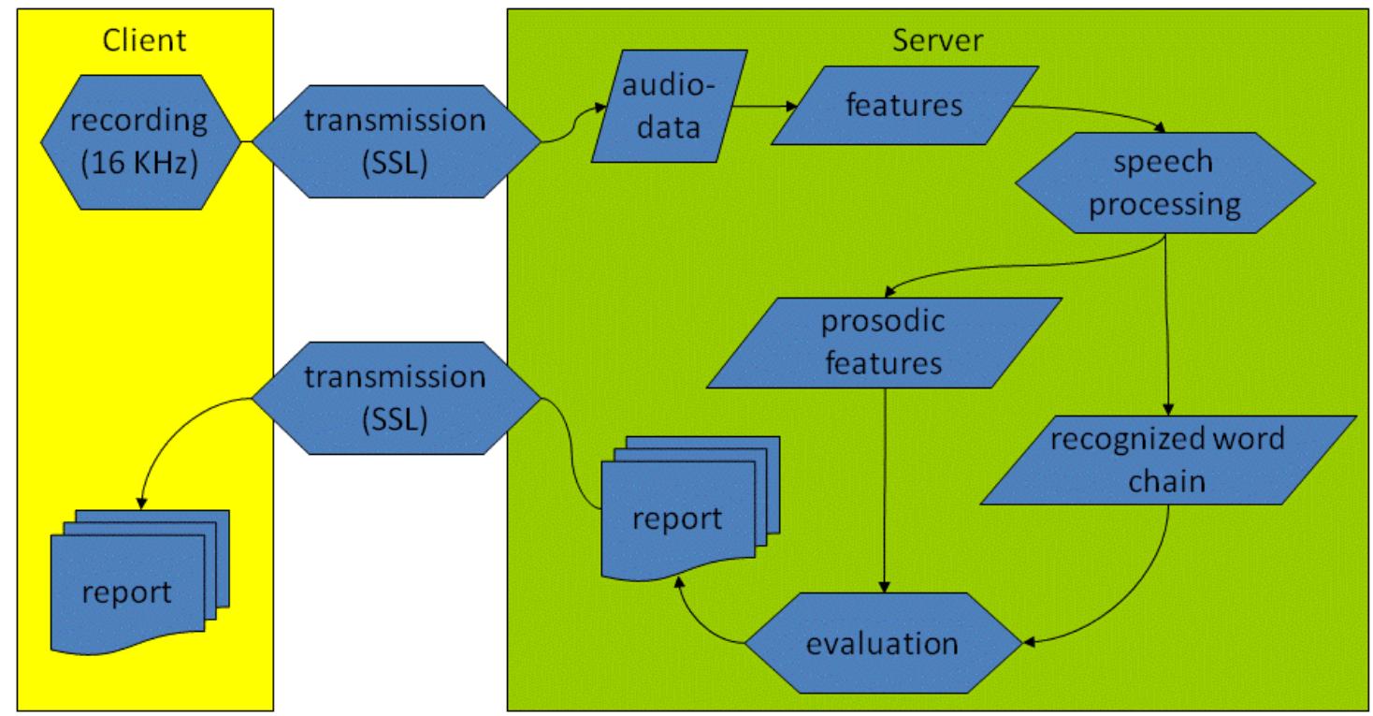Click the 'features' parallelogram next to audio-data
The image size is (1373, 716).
point(904,105)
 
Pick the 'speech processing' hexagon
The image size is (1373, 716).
point(1163,183)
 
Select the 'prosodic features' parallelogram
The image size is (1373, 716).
point(883,342)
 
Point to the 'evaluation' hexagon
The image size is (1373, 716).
point(882,644)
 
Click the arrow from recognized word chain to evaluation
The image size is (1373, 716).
point(1141,599)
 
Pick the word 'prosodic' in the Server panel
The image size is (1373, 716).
point(883,322)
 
